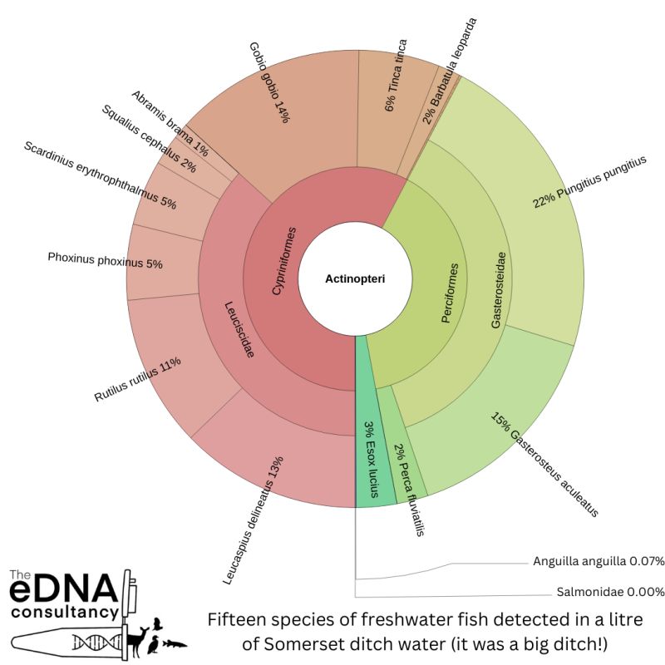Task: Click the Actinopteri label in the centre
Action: [355, 279]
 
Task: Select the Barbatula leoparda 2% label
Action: [449, 71]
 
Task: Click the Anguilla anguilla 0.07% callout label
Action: [598, 561]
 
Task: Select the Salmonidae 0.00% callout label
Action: [610, 592]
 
